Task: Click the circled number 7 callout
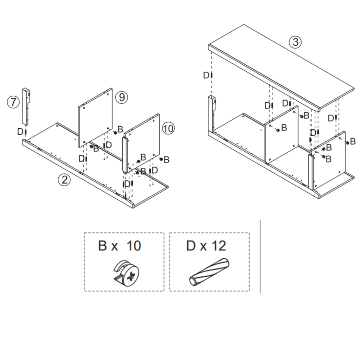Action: click(13, 102)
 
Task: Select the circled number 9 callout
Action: click(122, 97)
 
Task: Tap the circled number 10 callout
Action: click(168, 129)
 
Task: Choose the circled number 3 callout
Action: click(295, 42)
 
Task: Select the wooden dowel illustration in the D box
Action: click(210, 272)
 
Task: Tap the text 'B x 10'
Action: click(120, 246)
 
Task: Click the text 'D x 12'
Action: click(206, 246)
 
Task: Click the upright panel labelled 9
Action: click(94, 118)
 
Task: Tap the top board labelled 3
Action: click(281, 67)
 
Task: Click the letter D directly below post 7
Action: click(20, 131)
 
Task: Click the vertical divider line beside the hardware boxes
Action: click(260, 257)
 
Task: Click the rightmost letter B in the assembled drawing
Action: click(353, 141)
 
